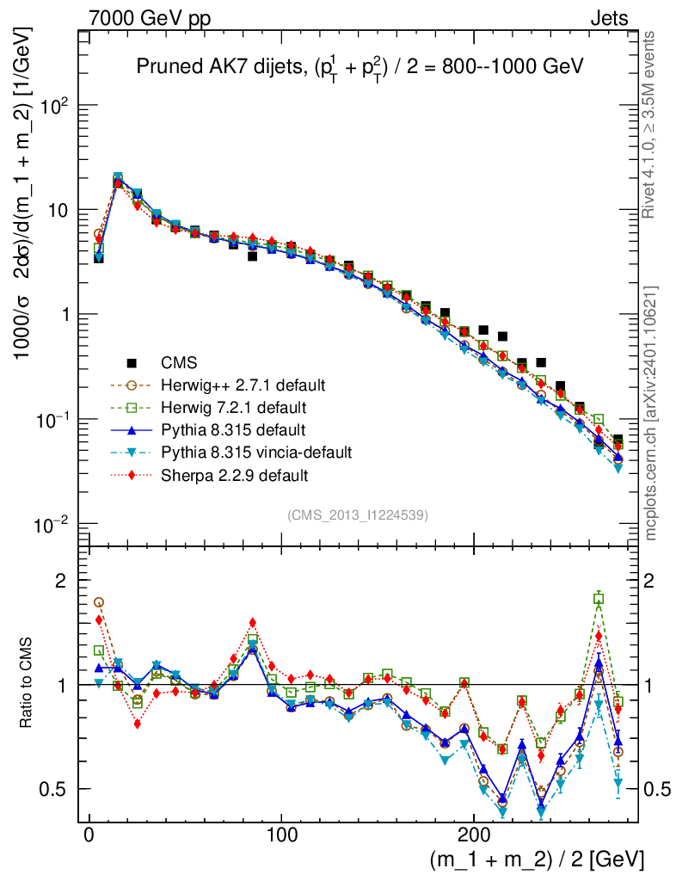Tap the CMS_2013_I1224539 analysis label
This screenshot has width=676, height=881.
(x=357, y=515)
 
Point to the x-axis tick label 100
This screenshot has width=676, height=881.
(x=281, y=834)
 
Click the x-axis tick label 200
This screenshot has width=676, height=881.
(x=473, y=834)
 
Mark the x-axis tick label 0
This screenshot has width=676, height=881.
(x=89, y=834)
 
